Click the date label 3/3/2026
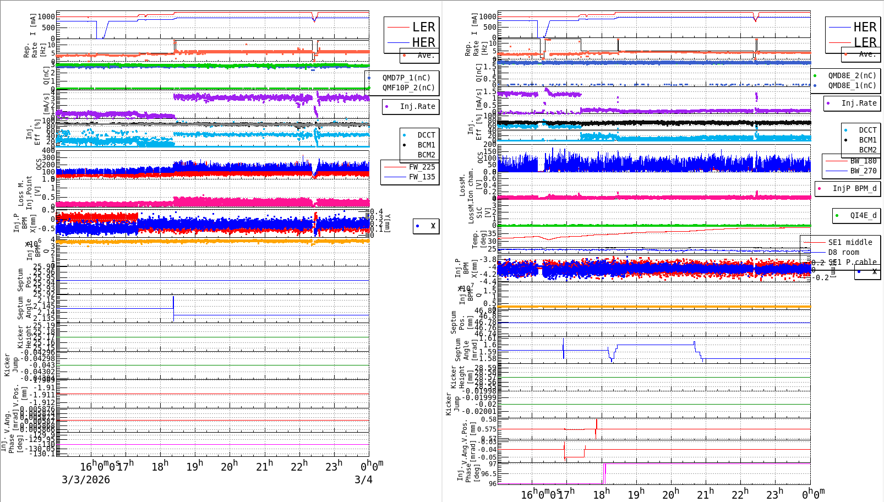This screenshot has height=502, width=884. click(85, 479)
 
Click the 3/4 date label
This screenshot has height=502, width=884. click(363, 479)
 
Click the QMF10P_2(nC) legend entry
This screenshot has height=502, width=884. click(408, 88)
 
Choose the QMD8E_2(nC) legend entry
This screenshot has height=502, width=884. click(852, 75)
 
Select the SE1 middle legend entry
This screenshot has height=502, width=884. click(850, 242)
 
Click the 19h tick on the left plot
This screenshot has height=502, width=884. click(194, 466)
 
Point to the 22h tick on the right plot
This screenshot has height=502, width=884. click(740, 494)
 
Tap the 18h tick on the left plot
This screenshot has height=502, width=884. click(160, 466)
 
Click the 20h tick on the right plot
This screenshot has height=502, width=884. click(670, 494)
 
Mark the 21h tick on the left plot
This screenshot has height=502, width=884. click(264, 466)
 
